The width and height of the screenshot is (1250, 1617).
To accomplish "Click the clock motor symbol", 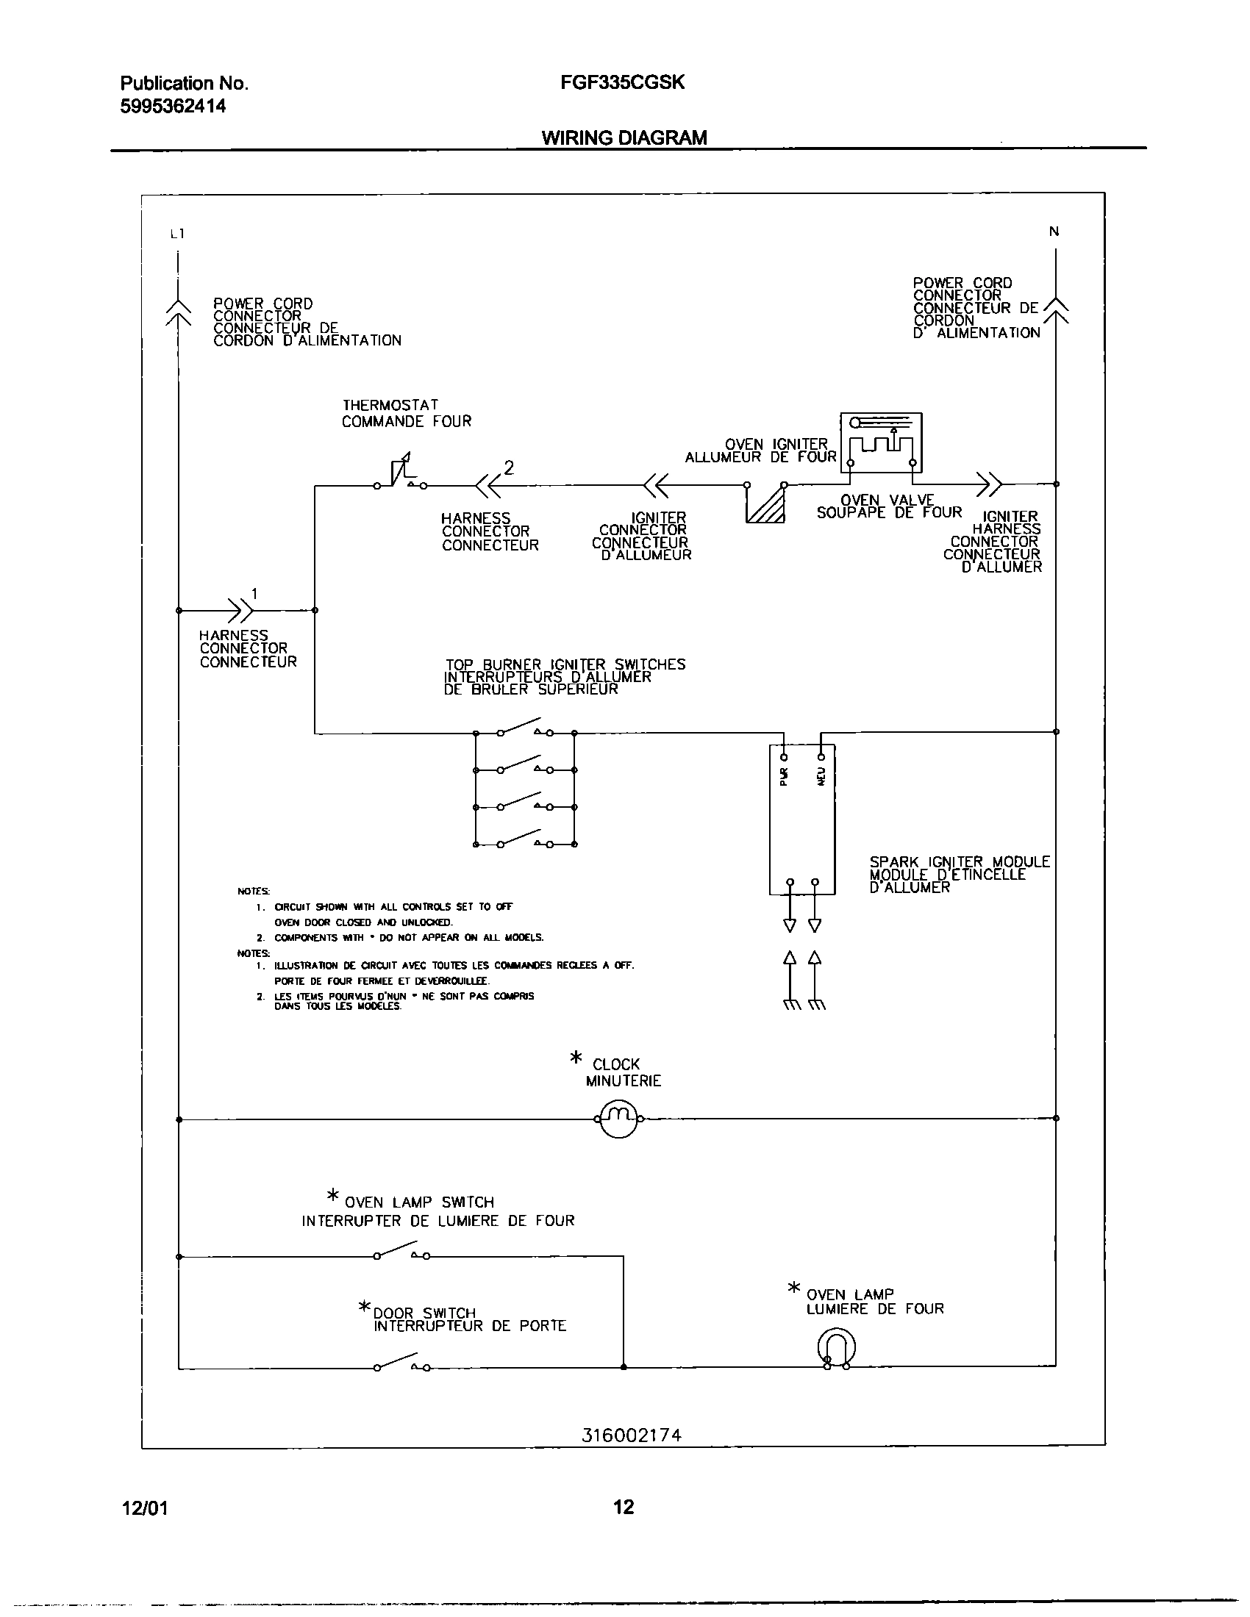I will (x=618, y=1118).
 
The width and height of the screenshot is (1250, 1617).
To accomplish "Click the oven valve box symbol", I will (x=881, y=442).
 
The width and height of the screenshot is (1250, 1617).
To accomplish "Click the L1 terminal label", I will (x=177, y=234).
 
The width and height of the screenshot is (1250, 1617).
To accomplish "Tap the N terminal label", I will (x=1054, y=232).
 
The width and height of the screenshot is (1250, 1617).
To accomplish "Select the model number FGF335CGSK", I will (x=622, y=82).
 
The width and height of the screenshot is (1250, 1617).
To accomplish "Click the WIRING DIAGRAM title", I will (x=624, y=137).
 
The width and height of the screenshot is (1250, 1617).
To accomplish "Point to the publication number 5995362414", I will (x=173, y=107).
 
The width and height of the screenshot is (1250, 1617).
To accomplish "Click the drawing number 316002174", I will (x=631, y=1435).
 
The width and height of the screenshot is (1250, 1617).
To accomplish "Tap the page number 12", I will (x=624, y=1507).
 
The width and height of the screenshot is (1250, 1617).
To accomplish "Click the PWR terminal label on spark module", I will (x=785, y=776).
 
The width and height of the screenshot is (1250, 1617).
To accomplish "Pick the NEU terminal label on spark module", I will (x=821, y=776).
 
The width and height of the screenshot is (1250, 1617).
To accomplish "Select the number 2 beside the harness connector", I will (x=509, y=467).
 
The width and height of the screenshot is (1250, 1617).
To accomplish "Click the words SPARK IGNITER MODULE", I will (x=959, y=862).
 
